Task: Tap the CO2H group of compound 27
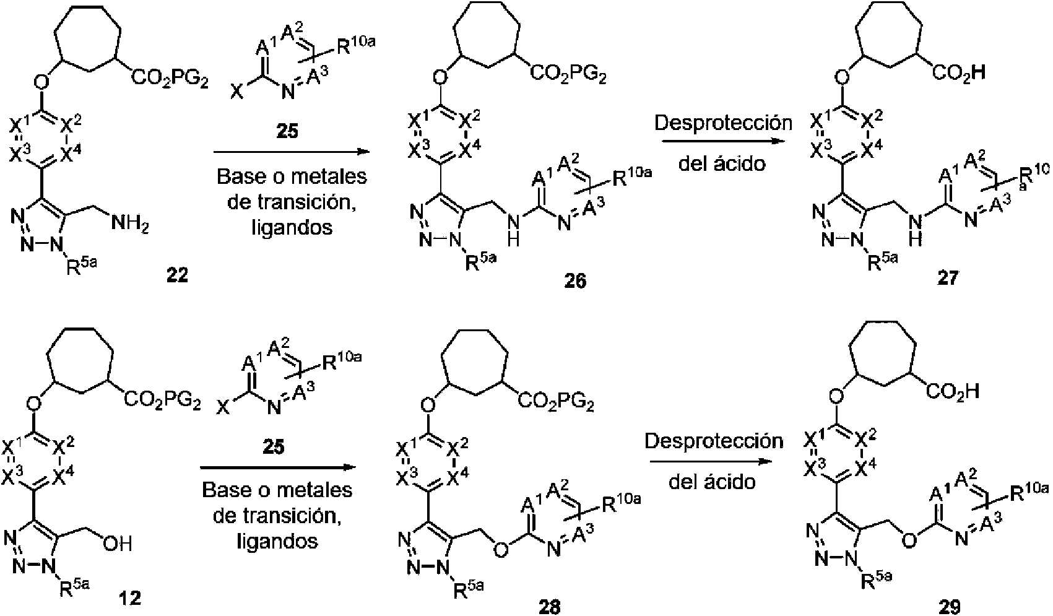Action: click(957, 74)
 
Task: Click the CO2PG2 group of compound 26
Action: click(567, 76)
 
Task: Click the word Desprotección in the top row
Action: click(723, 122)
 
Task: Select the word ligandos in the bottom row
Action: click(277, 540)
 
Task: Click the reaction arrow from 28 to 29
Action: click(712, 460)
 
